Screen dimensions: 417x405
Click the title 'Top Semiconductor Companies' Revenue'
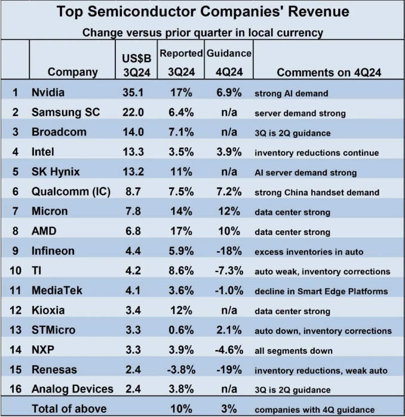(202, 11)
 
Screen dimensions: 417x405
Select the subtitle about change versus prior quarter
(202, 32)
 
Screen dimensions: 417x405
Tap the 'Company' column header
(72, 72)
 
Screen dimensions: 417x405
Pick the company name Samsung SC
(66, 113)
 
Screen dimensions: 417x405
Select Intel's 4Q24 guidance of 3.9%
(228, 152)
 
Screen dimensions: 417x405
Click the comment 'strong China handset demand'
(317, 192)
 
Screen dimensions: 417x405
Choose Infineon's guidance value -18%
(228, 251)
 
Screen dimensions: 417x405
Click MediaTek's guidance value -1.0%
(228, 291)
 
